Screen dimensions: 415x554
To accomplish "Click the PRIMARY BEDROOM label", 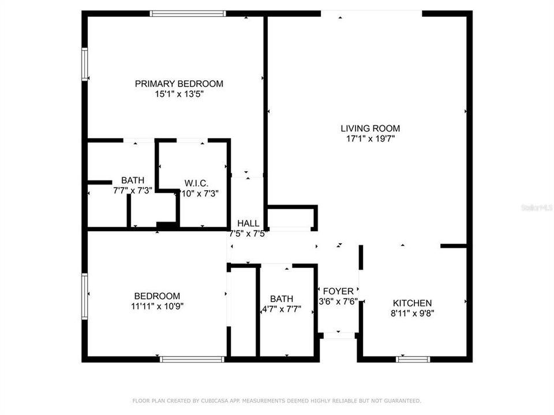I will pyautogui.click(x=179, y=84).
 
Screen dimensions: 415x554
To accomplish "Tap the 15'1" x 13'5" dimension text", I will pyautogui.click(x=179, y=94).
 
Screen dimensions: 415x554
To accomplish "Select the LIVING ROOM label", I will pyautogui.click(x=370, y=129).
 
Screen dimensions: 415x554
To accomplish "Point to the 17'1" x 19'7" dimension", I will pyautogui.click(x=370, y=139).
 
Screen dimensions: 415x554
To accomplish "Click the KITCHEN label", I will pyautogui.click(x=412, y=303).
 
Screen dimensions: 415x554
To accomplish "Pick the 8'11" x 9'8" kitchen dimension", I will pyautogui.click(x=412, y=314).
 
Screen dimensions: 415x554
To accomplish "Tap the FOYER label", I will pyautogui.click(x=339, y=291).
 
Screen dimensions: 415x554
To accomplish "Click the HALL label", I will pyautogui.click(x=248, y=224).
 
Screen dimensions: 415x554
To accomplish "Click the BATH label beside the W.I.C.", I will pyautogui.click(x=132, y=180).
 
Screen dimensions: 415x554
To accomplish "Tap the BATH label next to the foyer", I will pyautogui.click(x=282, y=299).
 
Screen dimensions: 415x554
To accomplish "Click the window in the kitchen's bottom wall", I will pyautogui.click(x=413, y=359).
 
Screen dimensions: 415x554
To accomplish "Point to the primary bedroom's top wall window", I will pyautogui.click(x=188, y=13).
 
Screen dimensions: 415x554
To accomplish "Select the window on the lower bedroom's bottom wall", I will pyautogui.click(x=192, y=359).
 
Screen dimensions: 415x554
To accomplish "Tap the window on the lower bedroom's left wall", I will pyautogui.click(x=84, y=296).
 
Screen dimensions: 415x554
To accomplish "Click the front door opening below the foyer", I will pyautogui.click(x=339, y=335).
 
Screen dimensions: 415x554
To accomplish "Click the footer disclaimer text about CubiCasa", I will pyautogui.click(x=277, y=401).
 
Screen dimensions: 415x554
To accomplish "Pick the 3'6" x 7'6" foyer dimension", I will pyautogui.click(x=339, y=301).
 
